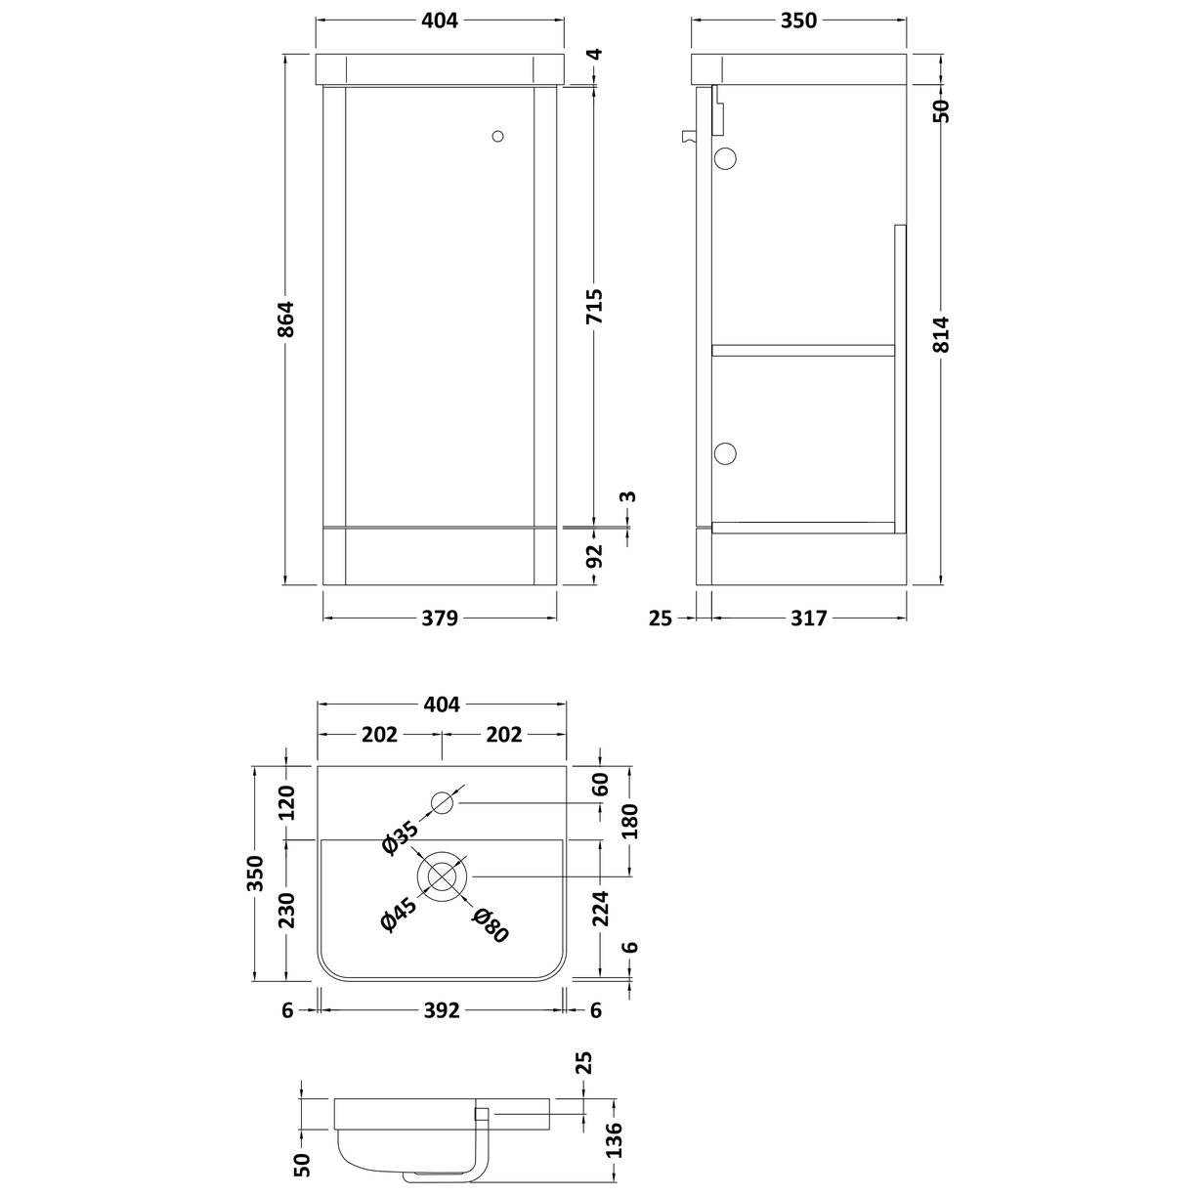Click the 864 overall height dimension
click(285, 320)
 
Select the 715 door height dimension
click(594, 306)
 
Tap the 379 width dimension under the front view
click(441, 618)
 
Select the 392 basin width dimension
click(441, 1011)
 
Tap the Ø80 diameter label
click(491, 923)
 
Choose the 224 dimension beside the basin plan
click(600, 909)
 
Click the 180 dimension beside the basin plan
click(630, 822)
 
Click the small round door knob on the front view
click(498, 138)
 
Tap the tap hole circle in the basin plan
click(444, 803)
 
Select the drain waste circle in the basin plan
click(443, 875)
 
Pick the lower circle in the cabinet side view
click(726, 452)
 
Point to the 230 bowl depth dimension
click(286, 909)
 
